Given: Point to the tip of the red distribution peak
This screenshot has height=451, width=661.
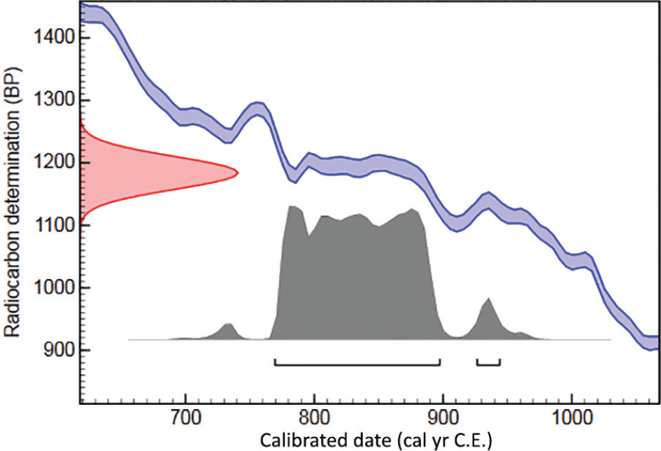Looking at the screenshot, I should pos(237,172).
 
